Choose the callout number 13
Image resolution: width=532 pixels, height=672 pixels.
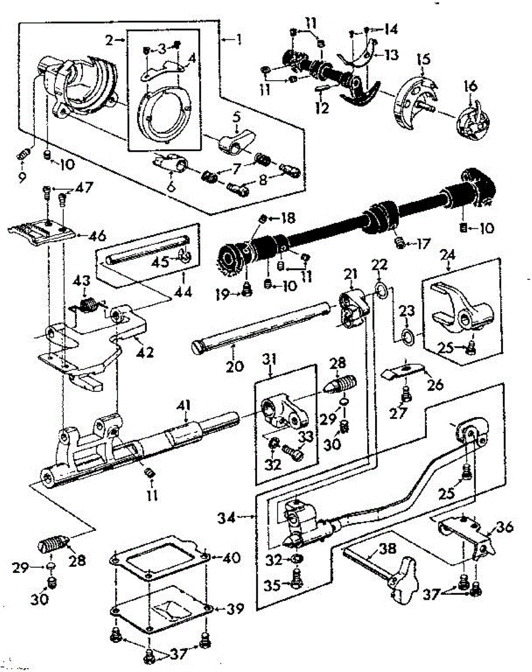coord(391,54)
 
